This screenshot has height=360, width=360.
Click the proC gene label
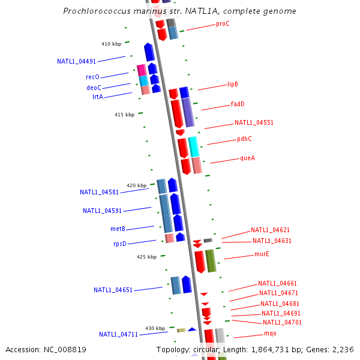[x=223, y=24]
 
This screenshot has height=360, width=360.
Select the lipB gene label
[x=233, y=85]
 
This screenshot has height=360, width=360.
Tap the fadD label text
[x=238, y=104]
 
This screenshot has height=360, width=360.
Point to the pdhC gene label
[x=244, y=139]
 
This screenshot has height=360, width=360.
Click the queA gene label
[x=247, y=158]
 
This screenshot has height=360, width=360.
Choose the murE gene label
[x=262, y=254]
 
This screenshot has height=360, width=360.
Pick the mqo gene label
[x=270, y=334]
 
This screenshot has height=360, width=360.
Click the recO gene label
[x=92, y=77]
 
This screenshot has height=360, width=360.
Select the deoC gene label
[x=94, y=88]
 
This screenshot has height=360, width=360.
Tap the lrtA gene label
[x=97, y=97]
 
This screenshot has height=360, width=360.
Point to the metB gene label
[x=118, y=229]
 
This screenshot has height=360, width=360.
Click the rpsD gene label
[x=120, y=244]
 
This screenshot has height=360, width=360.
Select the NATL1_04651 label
[x=113, y=290]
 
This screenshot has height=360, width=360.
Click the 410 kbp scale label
[x=111, y=44]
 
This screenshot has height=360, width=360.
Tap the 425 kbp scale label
[x=146, y=257]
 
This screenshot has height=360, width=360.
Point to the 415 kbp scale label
[x=124, y=115]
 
